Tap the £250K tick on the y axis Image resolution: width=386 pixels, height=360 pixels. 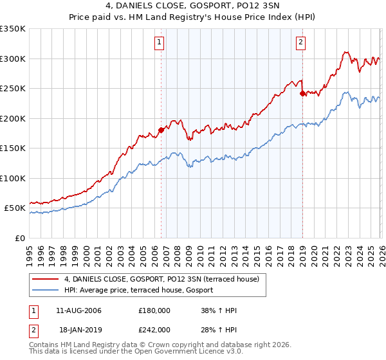coord(13,89)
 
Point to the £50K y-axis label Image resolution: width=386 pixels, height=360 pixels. coord(15,208)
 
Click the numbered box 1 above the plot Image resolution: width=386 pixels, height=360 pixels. coord(159,43)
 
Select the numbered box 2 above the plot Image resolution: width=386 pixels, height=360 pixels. coord(300,43)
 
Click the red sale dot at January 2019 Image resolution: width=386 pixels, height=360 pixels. coord(302,94)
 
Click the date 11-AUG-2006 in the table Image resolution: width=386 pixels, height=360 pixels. coord(78,310)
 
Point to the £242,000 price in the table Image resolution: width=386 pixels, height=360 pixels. coord(154,329)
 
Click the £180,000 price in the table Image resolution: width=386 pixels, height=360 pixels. coord(154,310)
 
